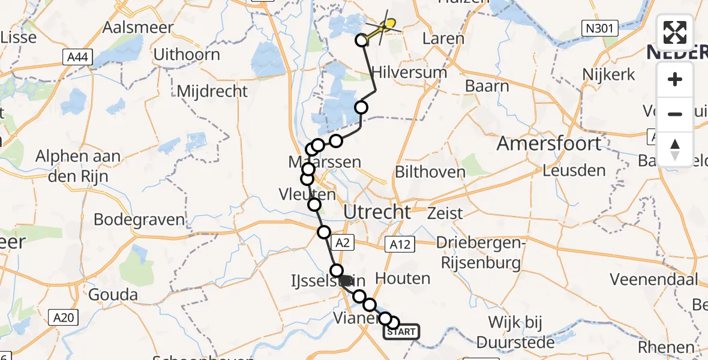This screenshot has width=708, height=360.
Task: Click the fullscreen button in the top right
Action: click(675, 32)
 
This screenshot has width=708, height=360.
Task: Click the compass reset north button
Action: click(675, 149)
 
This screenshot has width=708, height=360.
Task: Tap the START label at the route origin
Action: click(401, 331)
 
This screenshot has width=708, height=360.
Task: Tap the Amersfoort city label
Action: click(548, 144)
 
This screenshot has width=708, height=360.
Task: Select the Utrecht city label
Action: click(377, 211)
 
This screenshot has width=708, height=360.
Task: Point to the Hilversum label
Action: click(410, 73)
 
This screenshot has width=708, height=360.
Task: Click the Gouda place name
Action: click(113, 295)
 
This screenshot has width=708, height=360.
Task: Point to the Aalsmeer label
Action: click(138, 28)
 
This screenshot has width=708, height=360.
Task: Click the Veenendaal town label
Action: click(654, 279)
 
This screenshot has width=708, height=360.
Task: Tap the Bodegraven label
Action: click(139, 219)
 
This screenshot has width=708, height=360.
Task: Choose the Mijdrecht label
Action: click(212, 91)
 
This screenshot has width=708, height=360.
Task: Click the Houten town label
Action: click(403, 278)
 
